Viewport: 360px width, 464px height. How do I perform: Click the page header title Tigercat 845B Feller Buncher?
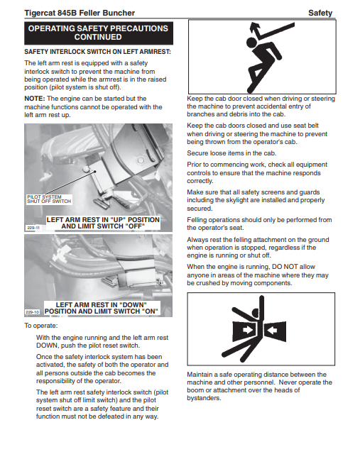[x=80, y=13]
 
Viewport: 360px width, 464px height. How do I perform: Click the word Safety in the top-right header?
[x=320, y=13]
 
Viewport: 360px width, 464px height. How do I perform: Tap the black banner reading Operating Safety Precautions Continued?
[x=99, y=33]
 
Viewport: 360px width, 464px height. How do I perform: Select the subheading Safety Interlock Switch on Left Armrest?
[x=98, y=52]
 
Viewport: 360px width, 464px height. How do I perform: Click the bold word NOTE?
[x=35, y=99]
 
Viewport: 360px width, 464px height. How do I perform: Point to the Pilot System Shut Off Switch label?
[x=49, y=199]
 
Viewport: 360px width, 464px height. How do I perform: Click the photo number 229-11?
[x=33, y=228]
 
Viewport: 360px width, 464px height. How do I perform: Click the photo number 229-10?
[x=32, y=312]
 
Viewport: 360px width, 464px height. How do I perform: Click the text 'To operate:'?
[x=41, y=326]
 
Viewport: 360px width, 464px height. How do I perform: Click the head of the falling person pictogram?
[x=251, y=43]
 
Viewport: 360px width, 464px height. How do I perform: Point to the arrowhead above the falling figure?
[x=255, y=28]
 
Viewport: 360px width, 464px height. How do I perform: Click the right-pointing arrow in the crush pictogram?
[x=248, y=330]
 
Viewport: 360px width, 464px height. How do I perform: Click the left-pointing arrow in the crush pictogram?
[x=271, y=329]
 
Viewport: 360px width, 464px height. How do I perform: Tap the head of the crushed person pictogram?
[x=255, y=313]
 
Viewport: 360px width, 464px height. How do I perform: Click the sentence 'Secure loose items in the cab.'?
[x=231, y=153]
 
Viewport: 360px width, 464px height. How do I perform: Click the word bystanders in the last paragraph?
[x=204, y=398]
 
